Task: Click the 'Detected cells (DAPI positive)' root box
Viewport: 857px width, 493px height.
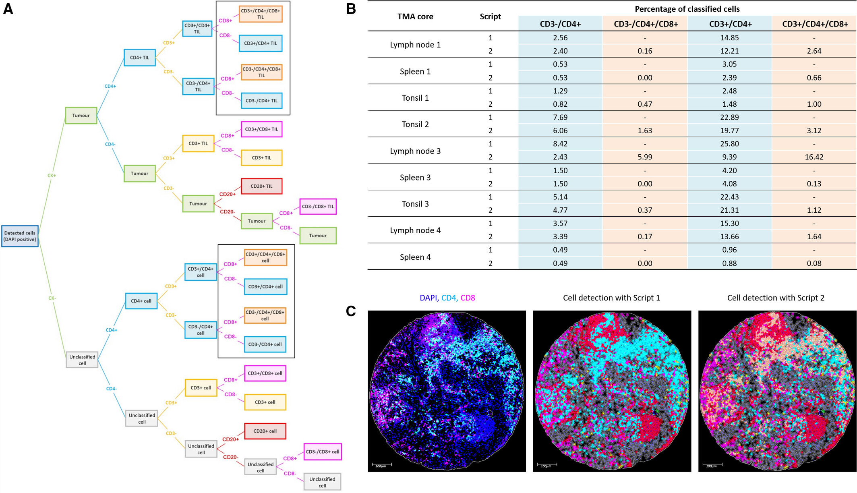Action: [x=20, y=236]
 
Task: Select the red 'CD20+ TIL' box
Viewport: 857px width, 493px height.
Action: [x=261, y=186]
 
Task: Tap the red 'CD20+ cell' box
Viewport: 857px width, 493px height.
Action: [x=265, y=431]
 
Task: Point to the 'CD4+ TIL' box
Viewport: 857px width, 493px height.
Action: [x=139, y=58]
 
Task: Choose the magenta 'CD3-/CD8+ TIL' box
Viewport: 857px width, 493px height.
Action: [x=318, y=206]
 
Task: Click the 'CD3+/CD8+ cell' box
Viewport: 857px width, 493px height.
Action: [x=265, y=373]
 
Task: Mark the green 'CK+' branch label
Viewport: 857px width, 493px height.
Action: [x=52, y=176]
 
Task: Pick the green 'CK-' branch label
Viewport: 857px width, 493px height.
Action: [x=52, y=298]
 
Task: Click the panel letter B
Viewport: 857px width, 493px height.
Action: [x=351, y=9]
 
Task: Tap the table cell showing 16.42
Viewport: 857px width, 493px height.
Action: [x=814, y=157]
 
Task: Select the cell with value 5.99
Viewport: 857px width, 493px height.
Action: [x=645, y=157]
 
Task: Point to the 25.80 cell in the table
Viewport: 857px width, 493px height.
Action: [x=729, y=144]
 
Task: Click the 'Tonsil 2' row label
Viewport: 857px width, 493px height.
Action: [x=415, y=124]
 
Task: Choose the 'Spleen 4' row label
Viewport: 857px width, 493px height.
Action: [x=415, y=257]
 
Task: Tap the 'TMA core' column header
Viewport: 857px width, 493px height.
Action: [x=415, y=17]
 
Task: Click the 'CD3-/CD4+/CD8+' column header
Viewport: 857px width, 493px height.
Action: [x=646, y=24]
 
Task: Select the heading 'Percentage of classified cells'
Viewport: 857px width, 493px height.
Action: [x=687, y=9]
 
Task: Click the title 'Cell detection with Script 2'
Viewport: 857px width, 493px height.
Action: [x=775, y=298]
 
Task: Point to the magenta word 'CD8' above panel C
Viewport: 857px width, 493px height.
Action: [x=468, y=298]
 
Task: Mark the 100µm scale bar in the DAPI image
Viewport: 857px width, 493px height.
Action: [x=381, y=465]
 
